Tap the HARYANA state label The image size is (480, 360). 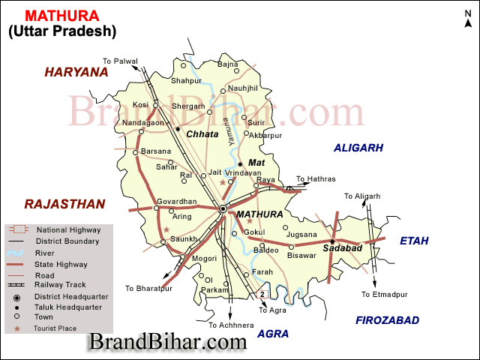(76, 72)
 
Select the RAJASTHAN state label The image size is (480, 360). (64, 203)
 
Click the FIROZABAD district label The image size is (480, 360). (387, 320)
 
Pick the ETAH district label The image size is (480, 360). (414, 241)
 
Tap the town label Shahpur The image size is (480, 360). (187, 80)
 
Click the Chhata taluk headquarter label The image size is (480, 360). (202, 134)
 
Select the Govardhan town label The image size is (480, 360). (176, 202)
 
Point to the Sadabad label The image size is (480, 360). (343, 247)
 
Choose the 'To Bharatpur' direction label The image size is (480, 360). (148, 288)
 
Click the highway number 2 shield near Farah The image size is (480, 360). (263, 292)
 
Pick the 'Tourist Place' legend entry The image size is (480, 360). (55, 328)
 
